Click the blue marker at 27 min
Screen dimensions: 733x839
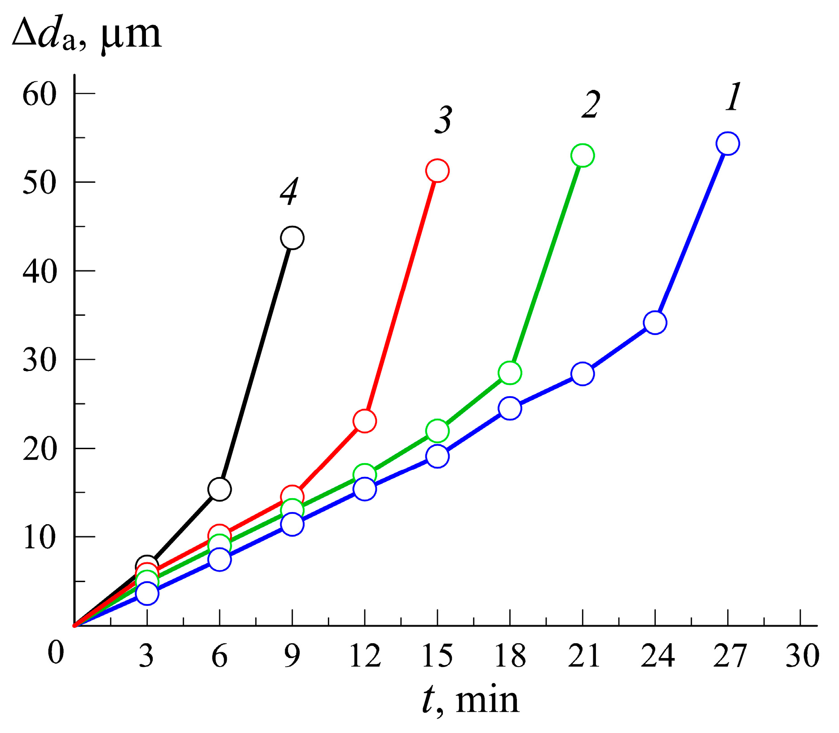tap(728, 144)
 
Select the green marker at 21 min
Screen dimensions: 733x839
tap(583, 155)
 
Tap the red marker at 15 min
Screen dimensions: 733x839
tap(437, 171)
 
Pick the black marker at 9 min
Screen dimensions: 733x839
tap(292, 238)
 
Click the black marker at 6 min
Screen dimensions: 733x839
tap(220, 489)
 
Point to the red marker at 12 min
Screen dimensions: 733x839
tap(365, 421)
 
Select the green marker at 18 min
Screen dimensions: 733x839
tap(510, 373)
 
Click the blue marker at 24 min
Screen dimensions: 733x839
tap(655, 322)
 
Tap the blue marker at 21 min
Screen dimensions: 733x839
tap(583, 374)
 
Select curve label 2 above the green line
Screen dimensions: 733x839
tap(591, 105)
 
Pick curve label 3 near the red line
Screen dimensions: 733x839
tap(443, 120)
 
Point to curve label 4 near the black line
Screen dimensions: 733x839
tap(289, 191)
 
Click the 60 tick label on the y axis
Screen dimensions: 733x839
tap(40, 95)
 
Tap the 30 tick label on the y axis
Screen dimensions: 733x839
tap(40, 360)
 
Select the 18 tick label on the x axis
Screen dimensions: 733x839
tap(510, 656)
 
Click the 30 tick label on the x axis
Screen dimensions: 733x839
tap(802, 656)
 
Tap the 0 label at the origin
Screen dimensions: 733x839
tap(56, 652)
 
